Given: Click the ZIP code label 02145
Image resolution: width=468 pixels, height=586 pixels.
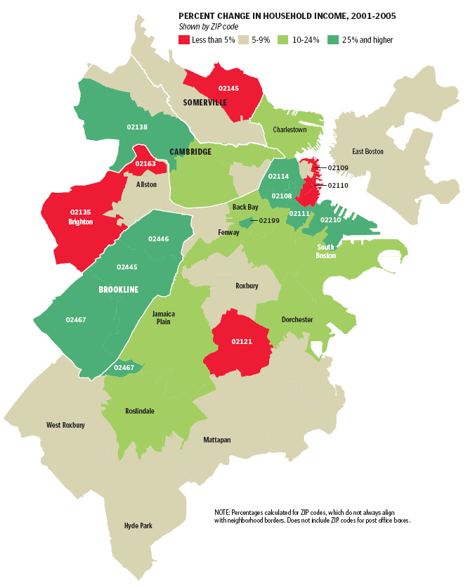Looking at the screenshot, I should pyautogui.click(x=228, y=89).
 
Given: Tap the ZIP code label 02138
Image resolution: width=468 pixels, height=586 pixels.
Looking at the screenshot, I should pyautogui.click(x=137, y=127).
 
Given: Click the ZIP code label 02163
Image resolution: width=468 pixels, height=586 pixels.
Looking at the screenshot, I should pyautogui.click(x=145, y=164).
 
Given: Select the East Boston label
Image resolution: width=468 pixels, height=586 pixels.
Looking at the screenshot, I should pyautogui.click(x=368, y=151).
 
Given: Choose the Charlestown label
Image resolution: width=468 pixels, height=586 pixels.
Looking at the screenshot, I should pyautogui.click(x=290, y=130).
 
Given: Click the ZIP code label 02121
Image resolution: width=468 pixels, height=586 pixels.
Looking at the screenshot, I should pyautogui.click(x=242, y=342).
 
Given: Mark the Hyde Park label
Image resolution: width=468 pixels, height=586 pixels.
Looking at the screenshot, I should pyautogui.click(x=138, y=526).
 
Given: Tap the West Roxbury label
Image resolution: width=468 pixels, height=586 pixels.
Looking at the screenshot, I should pyautogui.click(x=65, y=425).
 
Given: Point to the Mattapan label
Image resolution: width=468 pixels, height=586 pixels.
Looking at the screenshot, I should pyautogui.click(x=216, y=440).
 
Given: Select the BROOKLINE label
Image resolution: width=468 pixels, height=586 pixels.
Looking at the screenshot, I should pyautogui.click(x=118, y=290).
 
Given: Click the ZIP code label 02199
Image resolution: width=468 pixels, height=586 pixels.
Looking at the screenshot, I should pyautogui.click(x=269, y=221).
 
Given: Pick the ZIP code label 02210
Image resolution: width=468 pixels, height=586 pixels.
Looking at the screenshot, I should pyautogui.click(x=330, y=220).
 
